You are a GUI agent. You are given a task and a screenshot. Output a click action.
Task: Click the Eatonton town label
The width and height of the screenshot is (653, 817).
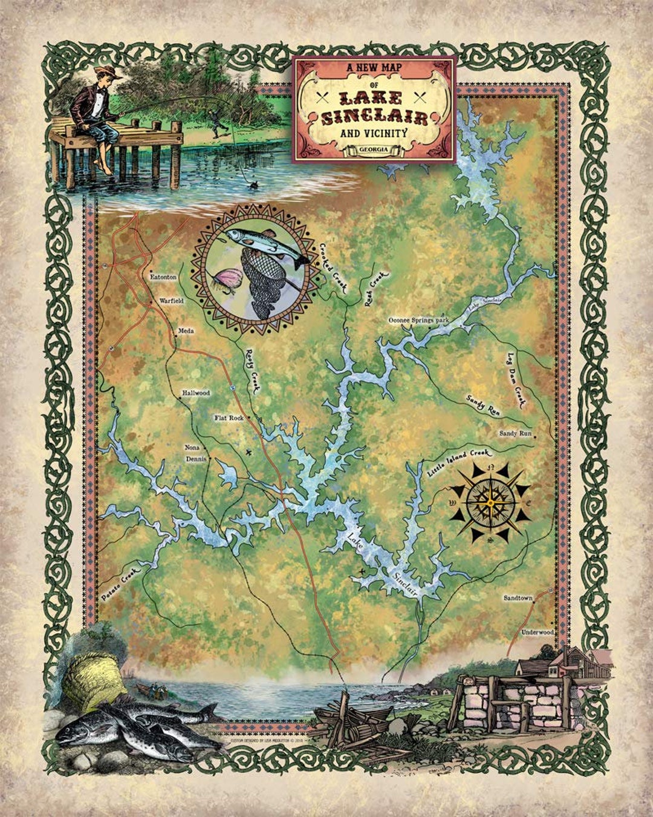pos(163,277)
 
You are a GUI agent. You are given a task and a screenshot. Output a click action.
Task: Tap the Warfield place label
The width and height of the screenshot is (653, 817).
pos(171,300)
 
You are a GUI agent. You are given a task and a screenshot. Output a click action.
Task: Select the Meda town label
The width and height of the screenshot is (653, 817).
pos(186,331)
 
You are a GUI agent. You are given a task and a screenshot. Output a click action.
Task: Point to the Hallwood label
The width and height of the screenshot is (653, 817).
pos(196,393)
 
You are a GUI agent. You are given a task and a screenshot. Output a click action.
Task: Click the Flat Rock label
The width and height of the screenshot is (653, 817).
pos(229,418)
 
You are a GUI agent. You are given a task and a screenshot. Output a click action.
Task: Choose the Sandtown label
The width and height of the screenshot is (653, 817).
pos(518,598)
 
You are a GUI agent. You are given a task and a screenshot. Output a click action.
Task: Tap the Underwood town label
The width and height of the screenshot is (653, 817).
pos(538,632)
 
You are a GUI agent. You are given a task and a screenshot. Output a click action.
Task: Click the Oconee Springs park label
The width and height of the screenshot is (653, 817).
pos(418,319)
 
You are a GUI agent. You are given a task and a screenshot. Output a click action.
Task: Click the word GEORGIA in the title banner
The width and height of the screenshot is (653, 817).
pos(374,149)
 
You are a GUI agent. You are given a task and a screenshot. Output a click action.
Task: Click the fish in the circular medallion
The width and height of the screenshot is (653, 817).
pos(266,244)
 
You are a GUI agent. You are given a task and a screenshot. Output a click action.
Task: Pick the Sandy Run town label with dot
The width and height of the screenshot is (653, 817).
pos(515,434)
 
